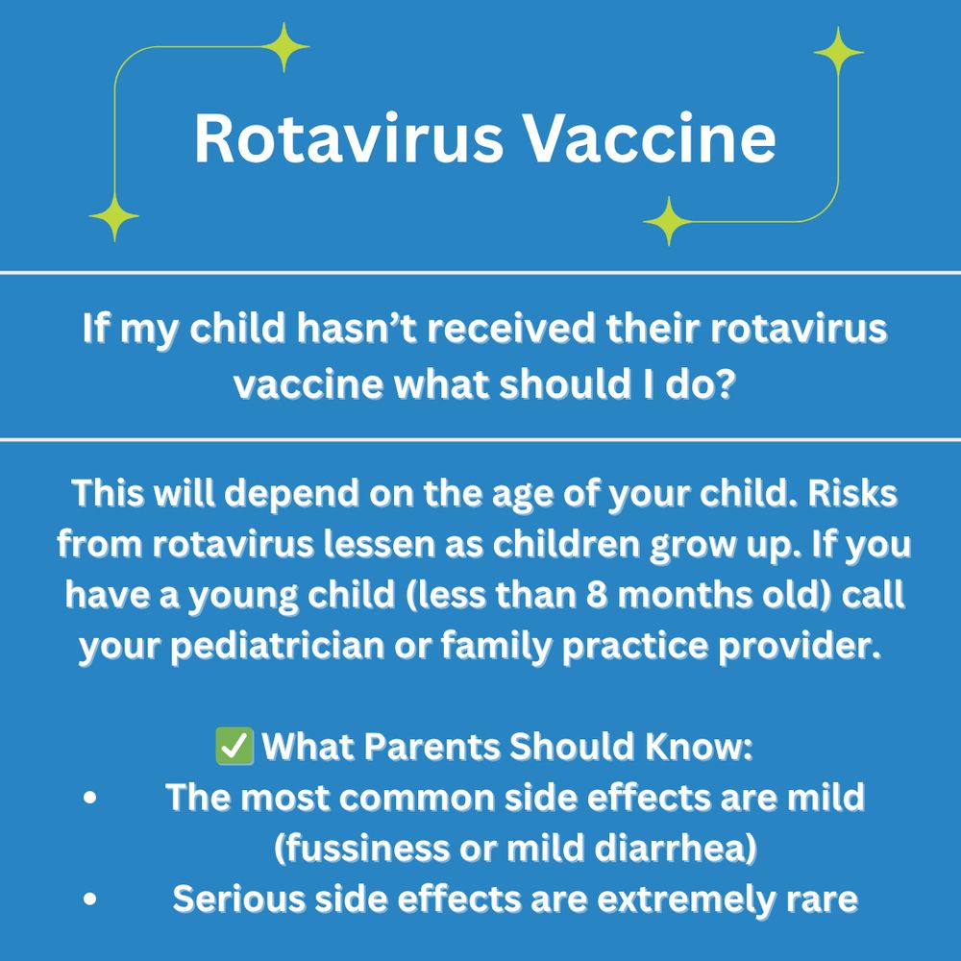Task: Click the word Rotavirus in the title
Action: [348, 137]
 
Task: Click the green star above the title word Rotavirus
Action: [284, 46]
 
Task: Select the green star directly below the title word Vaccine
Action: [667, 221]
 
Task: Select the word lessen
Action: [346, 545]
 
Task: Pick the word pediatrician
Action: [335, 646]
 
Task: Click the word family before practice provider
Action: [561, 646]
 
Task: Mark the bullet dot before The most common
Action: [89, 799]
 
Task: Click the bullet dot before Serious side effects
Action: [89, 900]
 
